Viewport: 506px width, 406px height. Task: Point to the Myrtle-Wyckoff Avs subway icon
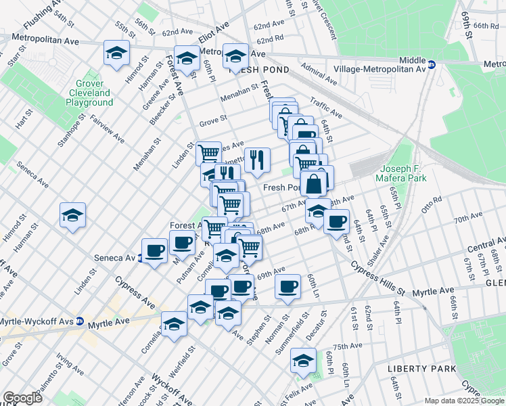[79, 321]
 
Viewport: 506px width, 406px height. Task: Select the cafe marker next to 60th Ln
[288, 286]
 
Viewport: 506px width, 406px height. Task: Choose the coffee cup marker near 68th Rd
[336, 221]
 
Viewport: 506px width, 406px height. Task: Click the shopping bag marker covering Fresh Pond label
[315, 183]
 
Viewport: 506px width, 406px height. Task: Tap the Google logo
[22, 398]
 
